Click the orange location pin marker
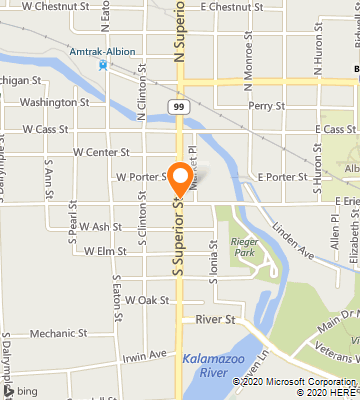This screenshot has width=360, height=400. click(x=179, y=178)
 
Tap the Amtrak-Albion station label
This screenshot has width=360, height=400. click(x=102, y=50)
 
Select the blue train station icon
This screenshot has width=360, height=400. click(x=102, y=65)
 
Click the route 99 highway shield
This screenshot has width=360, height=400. click(x=177, y=105)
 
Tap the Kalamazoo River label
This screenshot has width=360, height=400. click(x=209, y=363)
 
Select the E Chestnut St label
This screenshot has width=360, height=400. click(x=231, y=7)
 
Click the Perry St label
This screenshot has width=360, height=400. click(x=267, y=105)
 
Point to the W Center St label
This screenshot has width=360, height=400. click(x=101, y=153)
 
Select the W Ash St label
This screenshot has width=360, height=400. click(x=100, y=226)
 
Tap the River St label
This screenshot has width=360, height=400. click(x=215, y=319)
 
